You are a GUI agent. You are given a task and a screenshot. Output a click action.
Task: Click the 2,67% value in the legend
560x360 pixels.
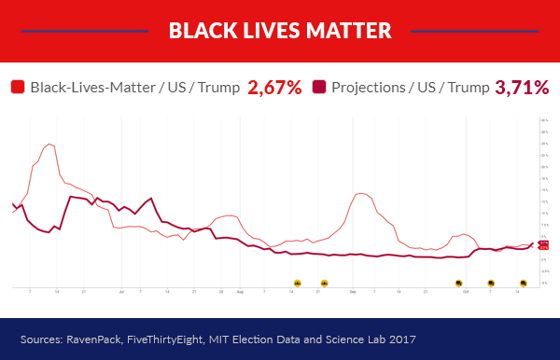tap(274, 88)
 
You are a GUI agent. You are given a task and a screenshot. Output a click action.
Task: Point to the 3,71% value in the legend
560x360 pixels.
tap(522, 88)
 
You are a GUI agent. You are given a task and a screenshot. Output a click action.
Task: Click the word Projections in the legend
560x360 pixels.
tap(373, 88)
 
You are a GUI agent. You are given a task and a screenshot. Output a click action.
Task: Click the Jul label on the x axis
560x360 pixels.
tap(122, 292)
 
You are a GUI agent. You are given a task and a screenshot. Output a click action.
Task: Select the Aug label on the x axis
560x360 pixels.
tap(240, 292)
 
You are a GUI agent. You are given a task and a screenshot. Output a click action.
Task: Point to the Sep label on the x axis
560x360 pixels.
tap(353, 292)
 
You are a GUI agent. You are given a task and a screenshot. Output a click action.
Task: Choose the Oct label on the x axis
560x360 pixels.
tap(465, 292)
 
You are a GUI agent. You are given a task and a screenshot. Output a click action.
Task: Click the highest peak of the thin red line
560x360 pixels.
tap(49, 144)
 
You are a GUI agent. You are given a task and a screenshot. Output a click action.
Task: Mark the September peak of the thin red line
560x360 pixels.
tap(359, 193)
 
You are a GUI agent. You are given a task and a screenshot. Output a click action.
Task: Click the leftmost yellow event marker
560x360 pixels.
tap(298, 283)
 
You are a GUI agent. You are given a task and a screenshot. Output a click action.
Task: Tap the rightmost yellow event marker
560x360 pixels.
tap(524, 283)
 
